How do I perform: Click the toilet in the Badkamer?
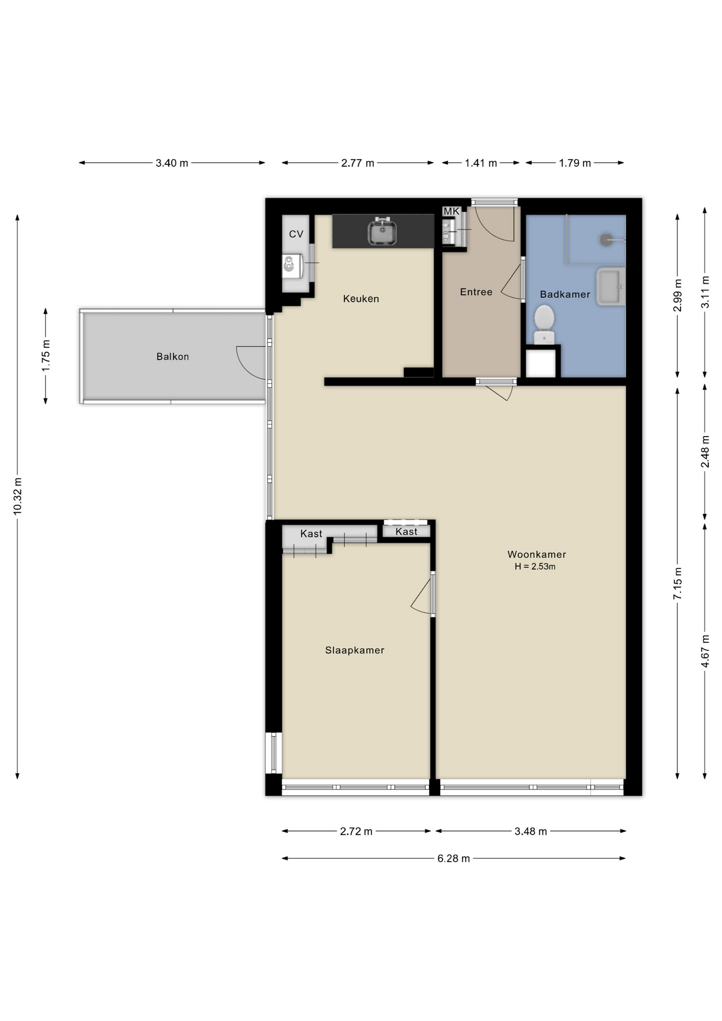pos(544,325)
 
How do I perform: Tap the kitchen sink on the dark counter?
pos(382,232)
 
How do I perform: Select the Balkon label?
pos(173,357)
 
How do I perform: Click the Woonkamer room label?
pos(536,555)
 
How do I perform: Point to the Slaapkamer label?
pos(355,650)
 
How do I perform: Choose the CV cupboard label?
pos(296,234)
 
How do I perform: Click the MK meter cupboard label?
pos(451,212)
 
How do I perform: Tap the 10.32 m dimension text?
pos(18,496)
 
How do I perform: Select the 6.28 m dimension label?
pos(454,859)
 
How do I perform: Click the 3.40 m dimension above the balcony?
pos(172,163)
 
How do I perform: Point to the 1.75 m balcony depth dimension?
pos(46,356)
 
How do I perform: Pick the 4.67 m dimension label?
pos(705,651)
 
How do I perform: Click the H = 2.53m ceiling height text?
pos(535,567)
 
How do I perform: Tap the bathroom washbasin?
pos(611,287)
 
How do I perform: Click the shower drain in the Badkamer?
pos(606,240)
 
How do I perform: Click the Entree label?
pos(476,292)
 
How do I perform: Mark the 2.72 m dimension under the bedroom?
pos(356,831)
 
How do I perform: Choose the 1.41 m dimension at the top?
pos(481,163)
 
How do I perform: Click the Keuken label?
pos(361,299)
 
